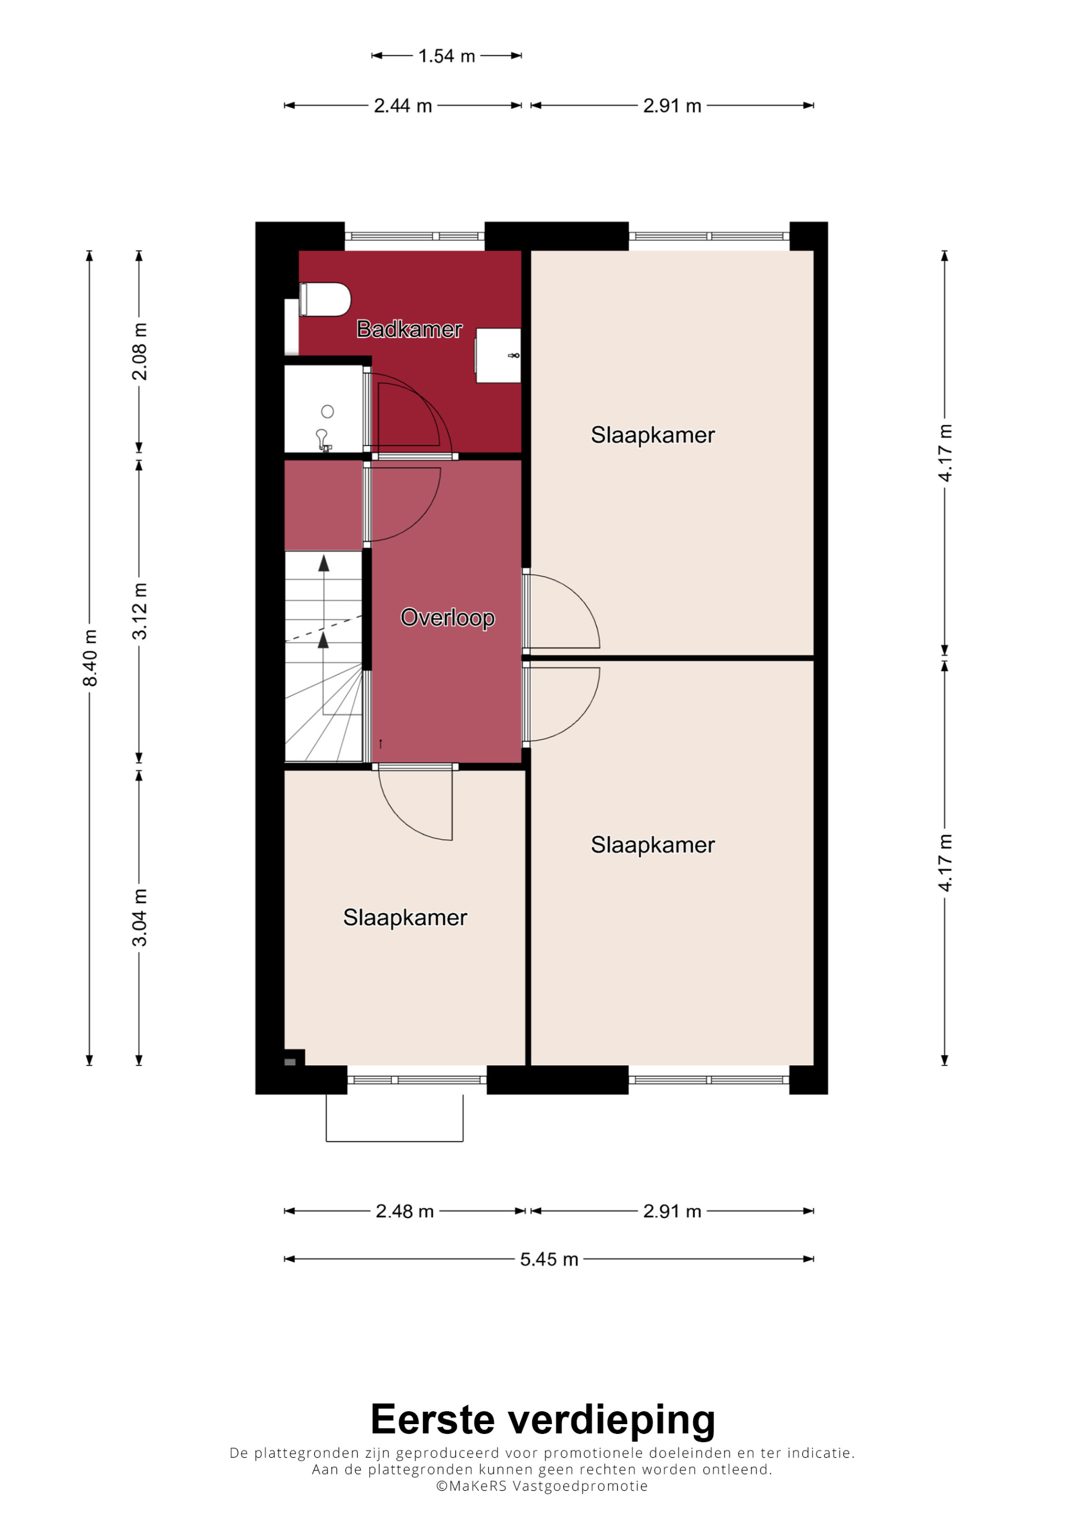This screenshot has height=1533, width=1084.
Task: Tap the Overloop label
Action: coord(448,618)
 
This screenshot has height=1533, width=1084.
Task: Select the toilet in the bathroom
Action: coord(325,299)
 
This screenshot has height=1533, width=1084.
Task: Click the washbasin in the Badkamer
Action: coord(498,355)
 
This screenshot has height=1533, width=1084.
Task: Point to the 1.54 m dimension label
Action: coord(446,56)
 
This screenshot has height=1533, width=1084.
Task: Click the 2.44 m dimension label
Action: coord(403,106)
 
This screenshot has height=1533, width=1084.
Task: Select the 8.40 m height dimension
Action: coord(89,658)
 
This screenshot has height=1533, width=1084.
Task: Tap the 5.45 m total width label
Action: coord(549,1259)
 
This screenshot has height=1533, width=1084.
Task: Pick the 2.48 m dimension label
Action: coord(405,1211)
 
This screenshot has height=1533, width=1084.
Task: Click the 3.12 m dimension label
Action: coord(139,611)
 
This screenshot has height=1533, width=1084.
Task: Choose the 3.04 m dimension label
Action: coord(139,918)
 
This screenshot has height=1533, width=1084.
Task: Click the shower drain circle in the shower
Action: coord(327,411)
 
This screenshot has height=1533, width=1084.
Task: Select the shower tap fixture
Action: coord(323,440)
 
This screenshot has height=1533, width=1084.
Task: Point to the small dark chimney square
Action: coord(290,1062)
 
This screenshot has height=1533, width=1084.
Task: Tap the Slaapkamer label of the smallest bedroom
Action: coord(405,918)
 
